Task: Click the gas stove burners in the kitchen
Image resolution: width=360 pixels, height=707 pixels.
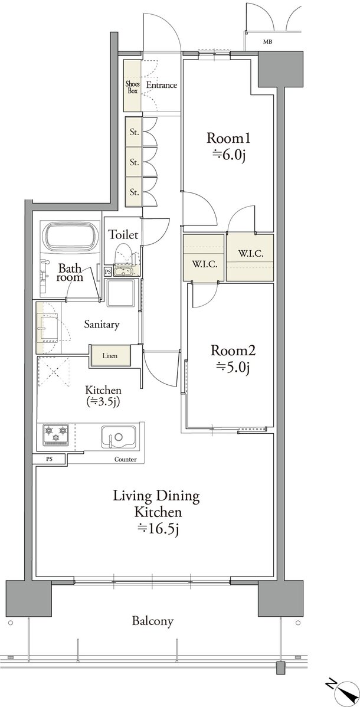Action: click(x=55, y=435)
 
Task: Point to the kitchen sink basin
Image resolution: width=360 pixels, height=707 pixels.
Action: click(x=119, y=437)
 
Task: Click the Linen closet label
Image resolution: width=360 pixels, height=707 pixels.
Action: click(x=110, y=356)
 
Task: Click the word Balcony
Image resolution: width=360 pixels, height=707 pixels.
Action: click(x=152, y=621)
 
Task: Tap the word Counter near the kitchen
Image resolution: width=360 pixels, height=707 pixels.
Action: click(x=126, y=460)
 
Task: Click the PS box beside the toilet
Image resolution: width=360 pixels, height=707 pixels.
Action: click(x=108, y=271)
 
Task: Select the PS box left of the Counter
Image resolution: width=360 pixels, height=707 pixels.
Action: click(x=49, y=460)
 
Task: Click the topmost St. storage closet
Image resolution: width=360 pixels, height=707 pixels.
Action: click(x=134, y=132)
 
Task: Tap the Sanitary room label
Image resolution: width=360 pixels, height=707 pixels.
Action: click(x=102, y=324)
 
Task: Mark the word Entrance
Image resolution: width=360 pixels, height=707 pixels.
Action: click(x=162, y=85)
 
